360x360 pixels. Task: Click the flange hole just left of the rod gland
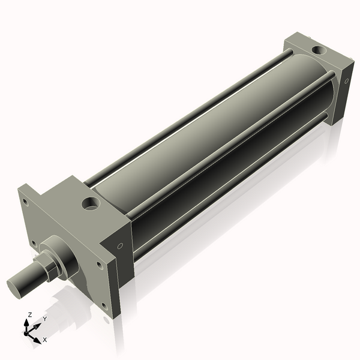click(34, 243)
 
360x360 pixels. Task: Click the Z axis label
click(30, 314)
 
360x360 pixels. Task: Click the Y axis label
click(44, 319)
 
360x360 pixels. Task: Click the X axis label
click(44, 340)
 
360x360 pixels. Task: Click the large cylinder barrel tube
click(204, 144)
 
